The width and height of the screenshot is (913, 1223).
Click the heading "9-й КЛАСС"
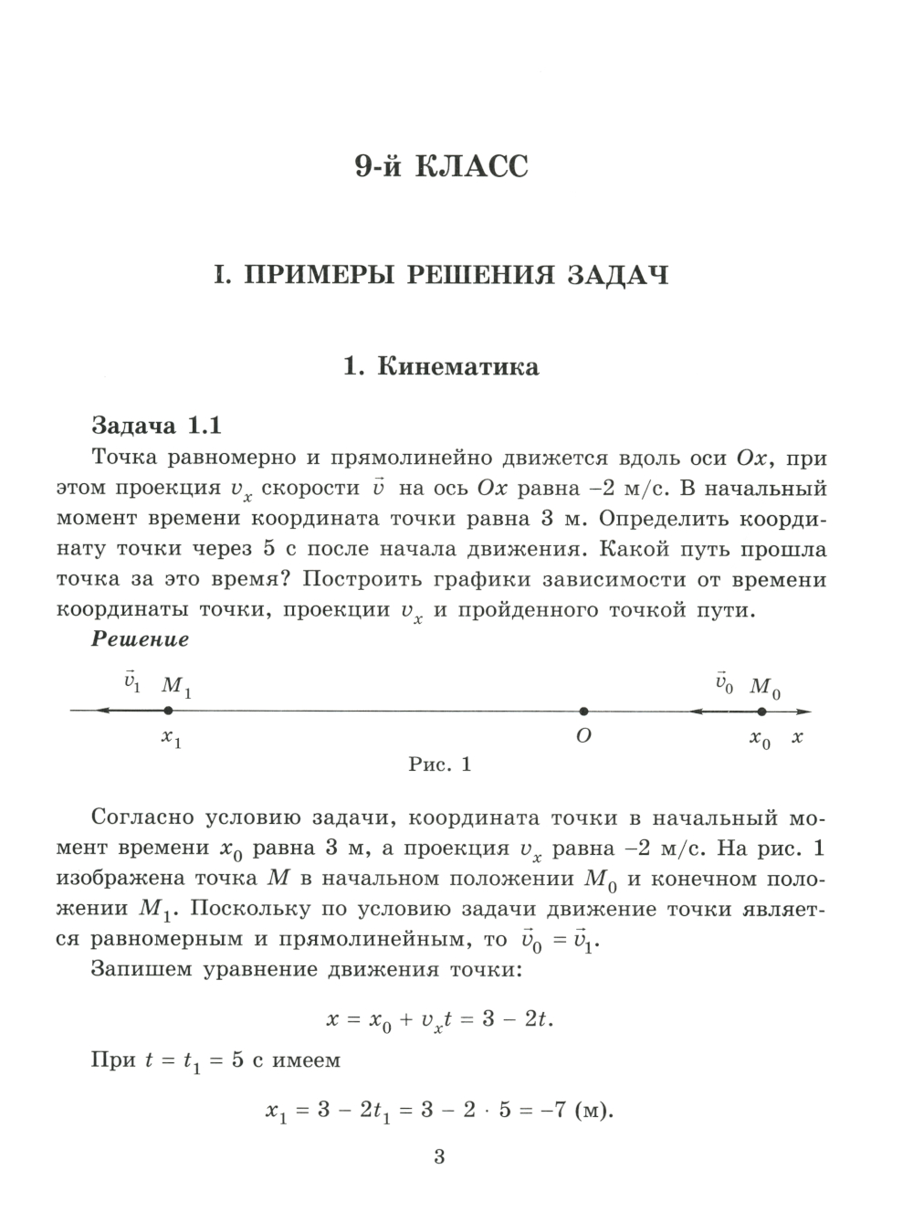pos(442,167)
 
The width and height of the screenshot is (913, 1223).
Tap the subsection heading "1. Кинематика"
pos(441,367)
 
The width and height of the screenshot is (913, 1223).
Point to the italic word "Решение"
pos(140,639)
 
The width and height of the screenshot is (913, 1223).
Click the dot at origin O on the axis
pos(583,711)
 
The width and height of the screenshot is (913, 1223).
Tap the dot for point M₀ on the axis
pos(761,711)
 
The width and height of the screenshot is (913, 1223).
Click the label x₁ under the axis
pos(171,738)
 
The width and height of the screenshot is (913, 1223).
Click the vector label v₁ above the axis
pos(131,682)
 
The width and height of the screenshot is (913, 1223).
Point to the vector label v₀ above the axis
pos(724,682)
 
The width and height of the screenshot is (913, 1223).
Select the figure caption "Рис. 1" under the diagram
pos(439,764)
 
